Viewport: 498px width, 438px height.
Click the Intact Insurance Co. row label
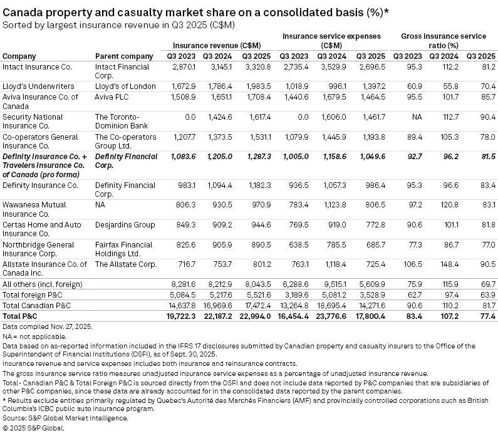(38, 66)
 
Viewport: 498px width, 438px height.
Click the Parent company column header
(123, 56)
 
